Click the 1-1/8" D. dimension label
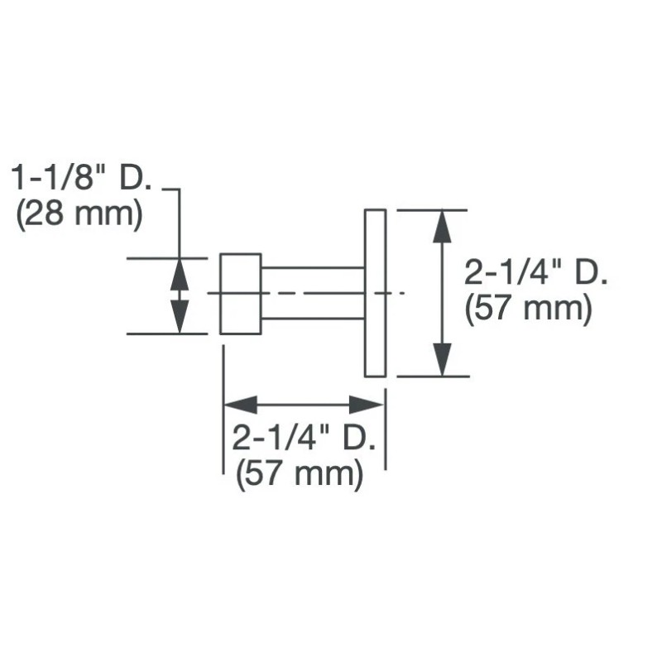coord(80,178)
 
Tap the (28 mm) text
coord(79,215)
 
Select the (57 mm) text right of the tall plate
coord(528,309)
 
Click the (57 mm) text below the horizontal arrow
coord(300,474)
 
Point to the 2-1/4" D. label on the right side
coord(535,272)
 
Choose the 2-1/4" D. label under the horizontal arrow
coord(304,438)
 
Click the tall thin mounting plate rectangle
coord(376,293)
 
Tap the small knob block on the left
coord(241,294)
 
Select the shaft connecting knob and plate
coord(313,293)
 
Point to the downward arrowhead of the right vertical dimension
coord(442,359)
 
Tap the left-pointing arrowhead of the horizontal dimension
coord(240,405)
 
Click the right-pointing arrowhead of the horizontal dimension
coord(366,405)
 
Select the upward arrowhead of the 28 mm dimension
coord(180,274)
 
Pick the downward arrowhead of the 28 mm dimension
coord(180,317)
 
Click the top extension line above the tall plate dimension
coord(432,209)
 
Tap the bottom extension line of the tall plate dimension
coord(433,376)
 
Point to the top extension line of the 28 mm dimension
coord(167,257)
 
